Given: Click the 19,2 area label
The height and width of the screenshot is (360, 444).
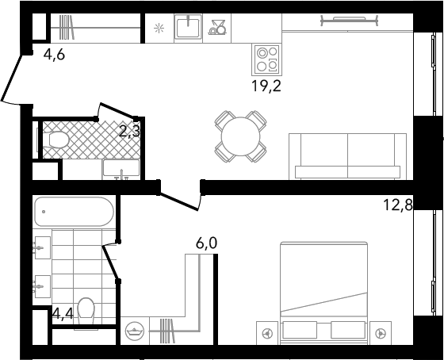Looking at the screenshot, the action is [266, 86].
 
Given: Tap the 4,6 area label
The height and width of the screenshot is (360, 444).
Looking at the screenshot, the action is [54, 55].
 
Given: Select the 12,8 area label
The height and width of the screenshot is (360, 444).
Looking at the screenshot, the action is [397, 205].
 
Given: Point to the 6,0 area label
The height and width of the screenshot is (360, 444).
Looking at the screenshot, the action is [206, 243].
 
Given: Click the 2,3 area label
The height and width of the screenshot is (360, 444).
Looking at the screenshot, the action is [130, 132].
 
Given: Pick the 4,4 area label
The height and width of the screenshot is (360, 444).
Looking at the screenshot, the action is [63, 313].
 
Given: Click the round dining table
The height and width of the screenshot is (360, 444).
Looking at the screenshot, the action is [241, 136].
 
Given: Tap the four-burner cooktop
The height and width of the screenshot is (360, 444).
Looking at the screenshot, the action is [266, 59].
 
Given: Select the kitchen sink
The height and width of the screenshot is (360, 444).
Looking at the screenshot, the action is [189, 27].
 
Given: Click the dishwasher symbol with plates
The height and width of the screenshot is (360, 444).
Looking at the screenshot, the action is [217, 28].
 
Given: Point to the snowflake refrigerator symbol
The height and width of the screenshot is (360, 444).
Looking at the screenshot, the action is [159, 29].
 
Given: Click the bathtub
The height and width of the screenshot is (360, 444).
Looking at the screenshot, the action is [74, 212].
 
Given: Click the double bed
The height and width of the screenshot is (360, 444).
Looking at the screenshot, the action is [324, 293].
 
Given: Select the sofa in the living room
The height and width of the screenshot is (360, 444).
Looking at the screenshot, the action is [348, 156].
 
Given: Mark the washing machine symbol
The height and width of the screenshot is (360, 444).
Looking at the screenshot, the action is [135, 331].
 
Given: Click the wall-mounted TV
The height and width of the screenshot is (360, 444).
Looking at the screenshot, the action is [350, 21].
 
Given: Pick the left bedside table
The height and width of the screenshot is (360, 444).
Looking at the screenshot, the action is [267, 333].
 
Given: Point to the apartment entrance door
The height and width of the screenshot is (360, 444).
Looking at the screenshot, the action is [12, 79].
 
